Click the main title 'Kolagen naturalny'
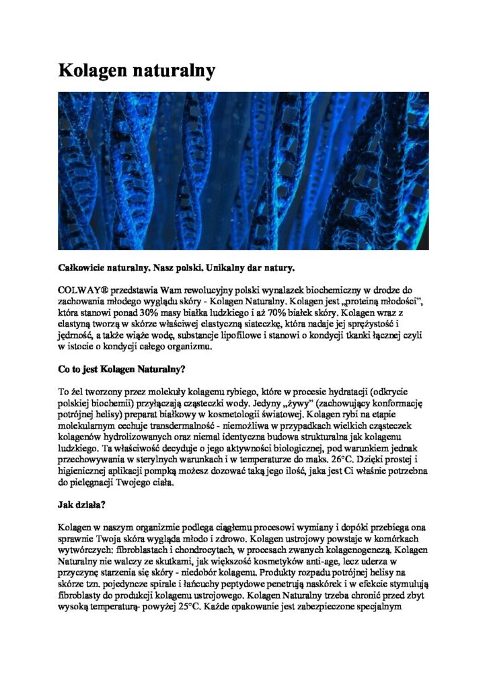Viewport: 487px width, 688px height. (x=137, y=70)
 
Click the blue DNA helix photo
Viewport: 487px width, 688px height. (x=243, y=171)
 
